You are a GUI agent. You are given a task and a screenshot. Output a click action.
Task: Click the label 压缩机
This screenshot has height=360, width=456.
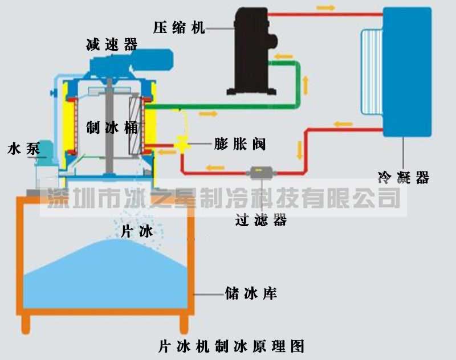click(x=178, y=26)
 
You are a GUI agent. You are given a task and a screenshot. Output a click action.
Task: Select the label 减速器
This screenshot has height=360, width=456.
click(x=112, y=45)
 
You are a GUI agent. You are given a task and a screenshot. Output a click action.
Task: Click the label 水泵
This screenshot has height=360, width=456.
click(x=23, y=149)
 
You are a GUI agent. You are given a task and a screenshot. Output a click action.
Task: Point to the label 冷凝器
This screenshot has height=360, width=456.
click(x=403, y=177)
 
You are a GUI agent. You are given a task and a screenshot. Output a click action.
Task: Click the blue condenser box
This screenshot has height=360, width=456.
click(x=407, y=71)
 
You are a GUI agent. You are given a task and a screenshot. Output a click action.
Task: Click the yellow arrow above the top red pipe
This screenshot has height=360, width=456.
click(x=326, y=8)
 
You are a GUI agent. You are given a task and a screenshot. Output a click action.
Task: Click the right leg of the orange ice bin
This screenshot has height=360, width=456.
click(x=184, y=325)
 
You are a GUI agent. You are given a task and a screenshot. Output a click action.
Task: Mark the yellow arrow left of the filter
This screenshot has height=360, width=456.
click(x=215, y=167)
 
